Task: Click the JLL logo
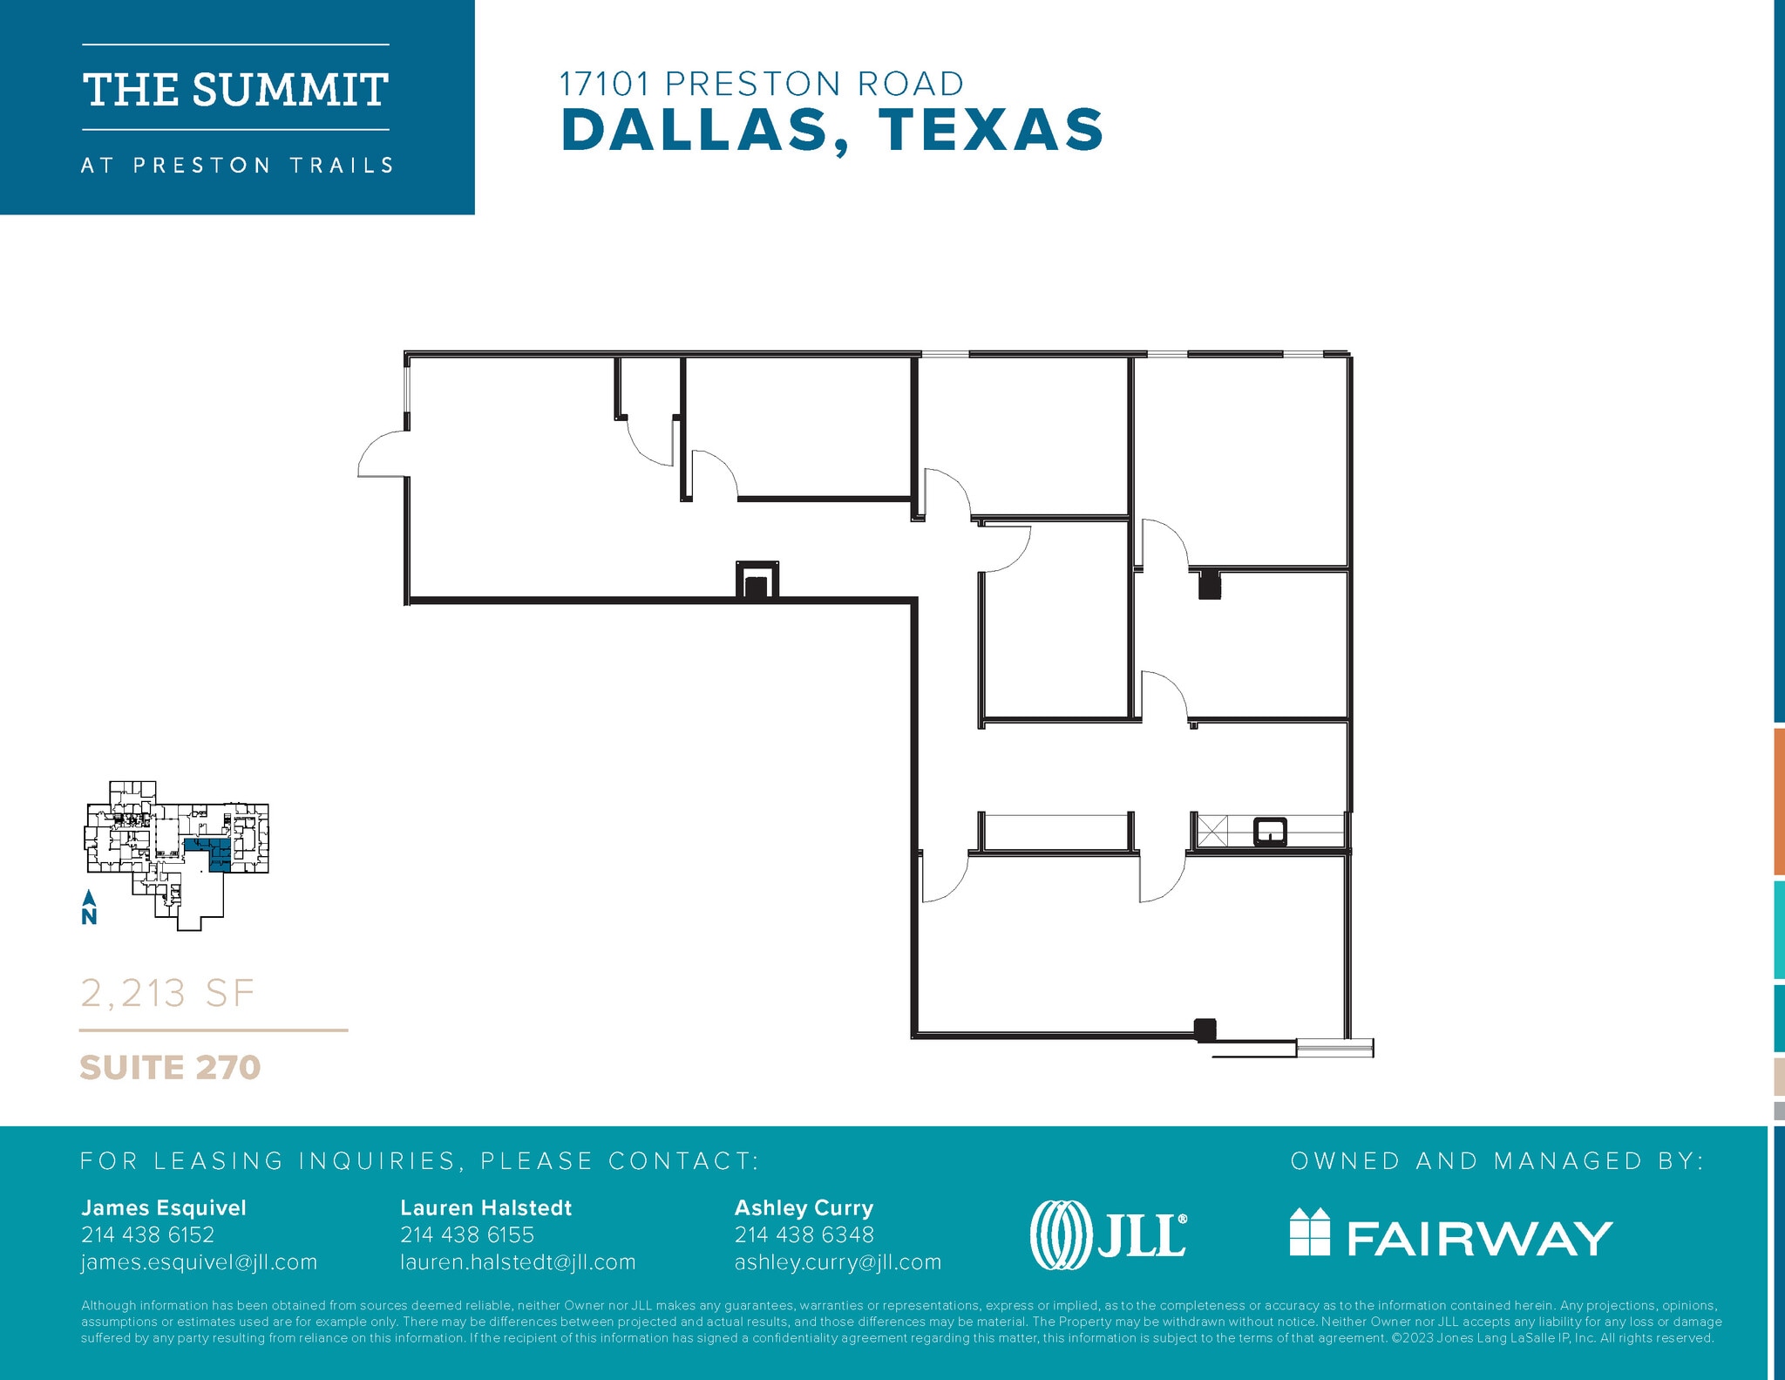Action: click(1108, 1234)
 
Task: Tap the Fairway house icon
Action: click(1309, 1232)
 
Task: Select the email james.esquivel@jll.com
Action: click(199, 1262)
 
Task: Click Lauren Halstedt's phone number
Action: click(467, 1234)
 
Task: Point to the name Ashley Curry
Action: click(804, 1207)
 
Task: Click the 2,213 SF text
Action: click(167, 993)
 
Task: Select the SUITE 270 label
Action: click(170, 1067)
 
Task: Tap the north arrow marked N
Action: click(89, 908)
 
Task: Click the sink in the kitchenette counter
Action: click(1270, 832)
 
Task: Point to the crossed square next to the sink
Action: click(1211, 831)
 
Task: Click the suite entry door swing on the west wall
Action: click(382, 456)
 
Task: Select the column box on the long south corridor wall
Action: click(757, 581)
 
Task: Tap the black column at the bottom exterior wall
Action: click(1205, 1030)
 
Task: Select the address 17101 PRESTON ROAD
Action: click(761, 84)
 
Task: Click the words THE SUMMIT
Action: click(235, 90)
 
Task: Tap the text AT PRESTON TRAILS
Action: click(237, 166)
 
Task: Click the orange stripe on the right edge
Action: click(1778, 800)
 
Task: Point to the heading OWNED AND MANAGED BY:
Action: click(1497, 1160)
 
